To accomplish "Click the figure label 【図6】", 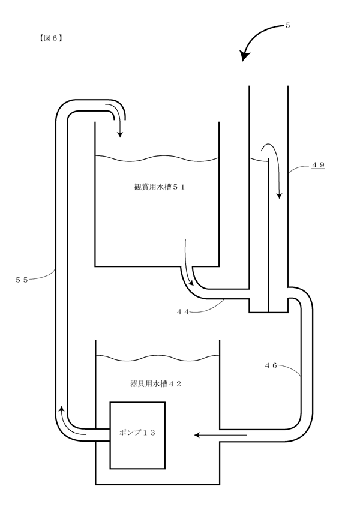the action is [51, 38].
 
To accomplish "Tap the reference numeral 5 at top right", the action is [287, 25].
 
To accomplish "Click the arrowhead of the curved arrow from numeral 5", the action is [245, 56].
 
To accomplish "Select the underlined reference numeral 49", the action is [318, 165].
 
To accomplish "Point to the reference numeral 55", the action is [22, 280].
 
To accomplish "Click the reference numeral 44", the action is [183, 312].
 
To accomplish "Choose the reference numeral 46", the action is [271, 365].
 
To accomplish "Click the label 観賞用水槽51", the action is [160, 187].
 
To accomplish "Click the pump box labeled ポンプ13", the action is [137, 435].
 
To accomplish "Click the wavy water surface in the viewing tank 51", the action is [157, 159].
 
